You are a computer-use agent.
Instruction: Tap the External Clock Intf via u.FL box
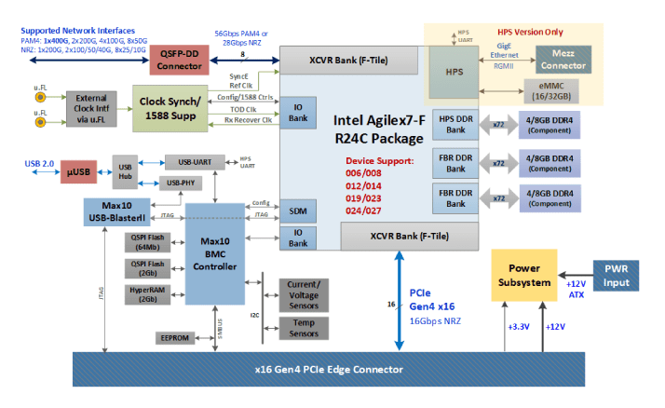[90, 107]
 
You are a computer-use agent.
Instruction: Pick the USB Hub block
[125, 172]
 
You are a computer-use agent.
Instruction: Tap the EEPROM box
[174, 337]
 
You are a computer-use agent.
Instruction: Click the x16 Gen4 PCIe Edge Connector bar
[330, 369]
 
